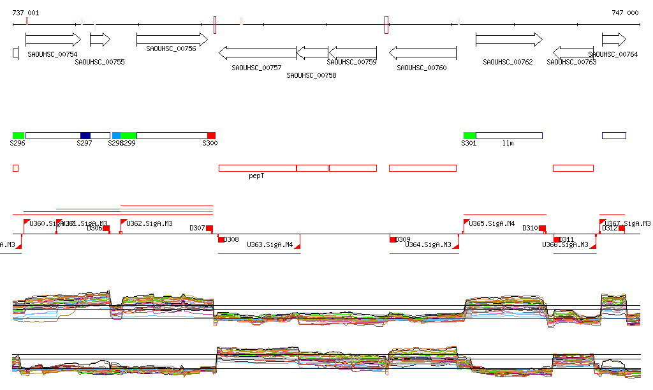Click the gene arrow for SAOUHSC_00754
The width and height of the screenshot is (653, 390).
coord(53,40)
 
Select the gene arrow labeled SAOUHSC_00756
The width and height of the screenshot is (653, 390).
coord(172,40)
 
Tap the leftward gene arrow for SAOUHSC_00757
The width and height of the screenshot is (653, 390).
coord(257,52)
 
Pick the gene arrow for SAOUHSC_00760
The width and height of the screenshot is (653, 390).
coord(422,52)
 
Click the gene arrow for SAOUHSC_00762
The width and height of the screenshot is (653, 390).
coord(508,40)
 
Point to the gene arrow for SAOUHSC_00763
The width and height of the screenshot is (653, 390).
coord(573,52)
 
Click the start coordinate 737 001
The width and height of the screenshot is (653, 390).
coord(26,13)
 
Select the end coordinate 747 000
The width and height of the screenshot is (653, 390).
coord(624,13)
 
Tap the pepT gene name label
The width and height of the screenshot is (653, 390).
coord(256,176)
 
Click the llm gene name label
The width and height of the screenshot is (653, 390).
coord(508,143)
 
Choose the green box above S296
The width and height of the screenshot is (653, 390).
coord(18,135)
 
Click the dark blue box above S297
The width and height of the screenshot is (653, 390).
coord(85,135)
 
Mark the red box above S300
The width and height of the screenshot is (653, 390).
coord(211,135)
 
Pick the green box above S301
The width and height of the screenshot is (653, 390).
coord(469,135)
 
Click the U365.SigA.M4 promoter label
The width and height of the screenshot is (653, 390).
coord(492,224)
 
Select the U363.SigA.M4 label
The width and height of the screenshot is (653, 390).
coord(270,244)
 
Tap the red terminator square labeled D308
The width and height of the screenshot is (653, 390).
coord(221,239)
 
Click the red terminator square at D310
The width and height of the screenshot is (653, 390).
coord(543,228)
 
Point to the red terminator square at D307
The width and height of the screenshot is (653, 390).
coord(209,228)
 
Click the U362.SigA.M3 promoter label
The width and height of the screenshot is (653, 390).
coord(149,224)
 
